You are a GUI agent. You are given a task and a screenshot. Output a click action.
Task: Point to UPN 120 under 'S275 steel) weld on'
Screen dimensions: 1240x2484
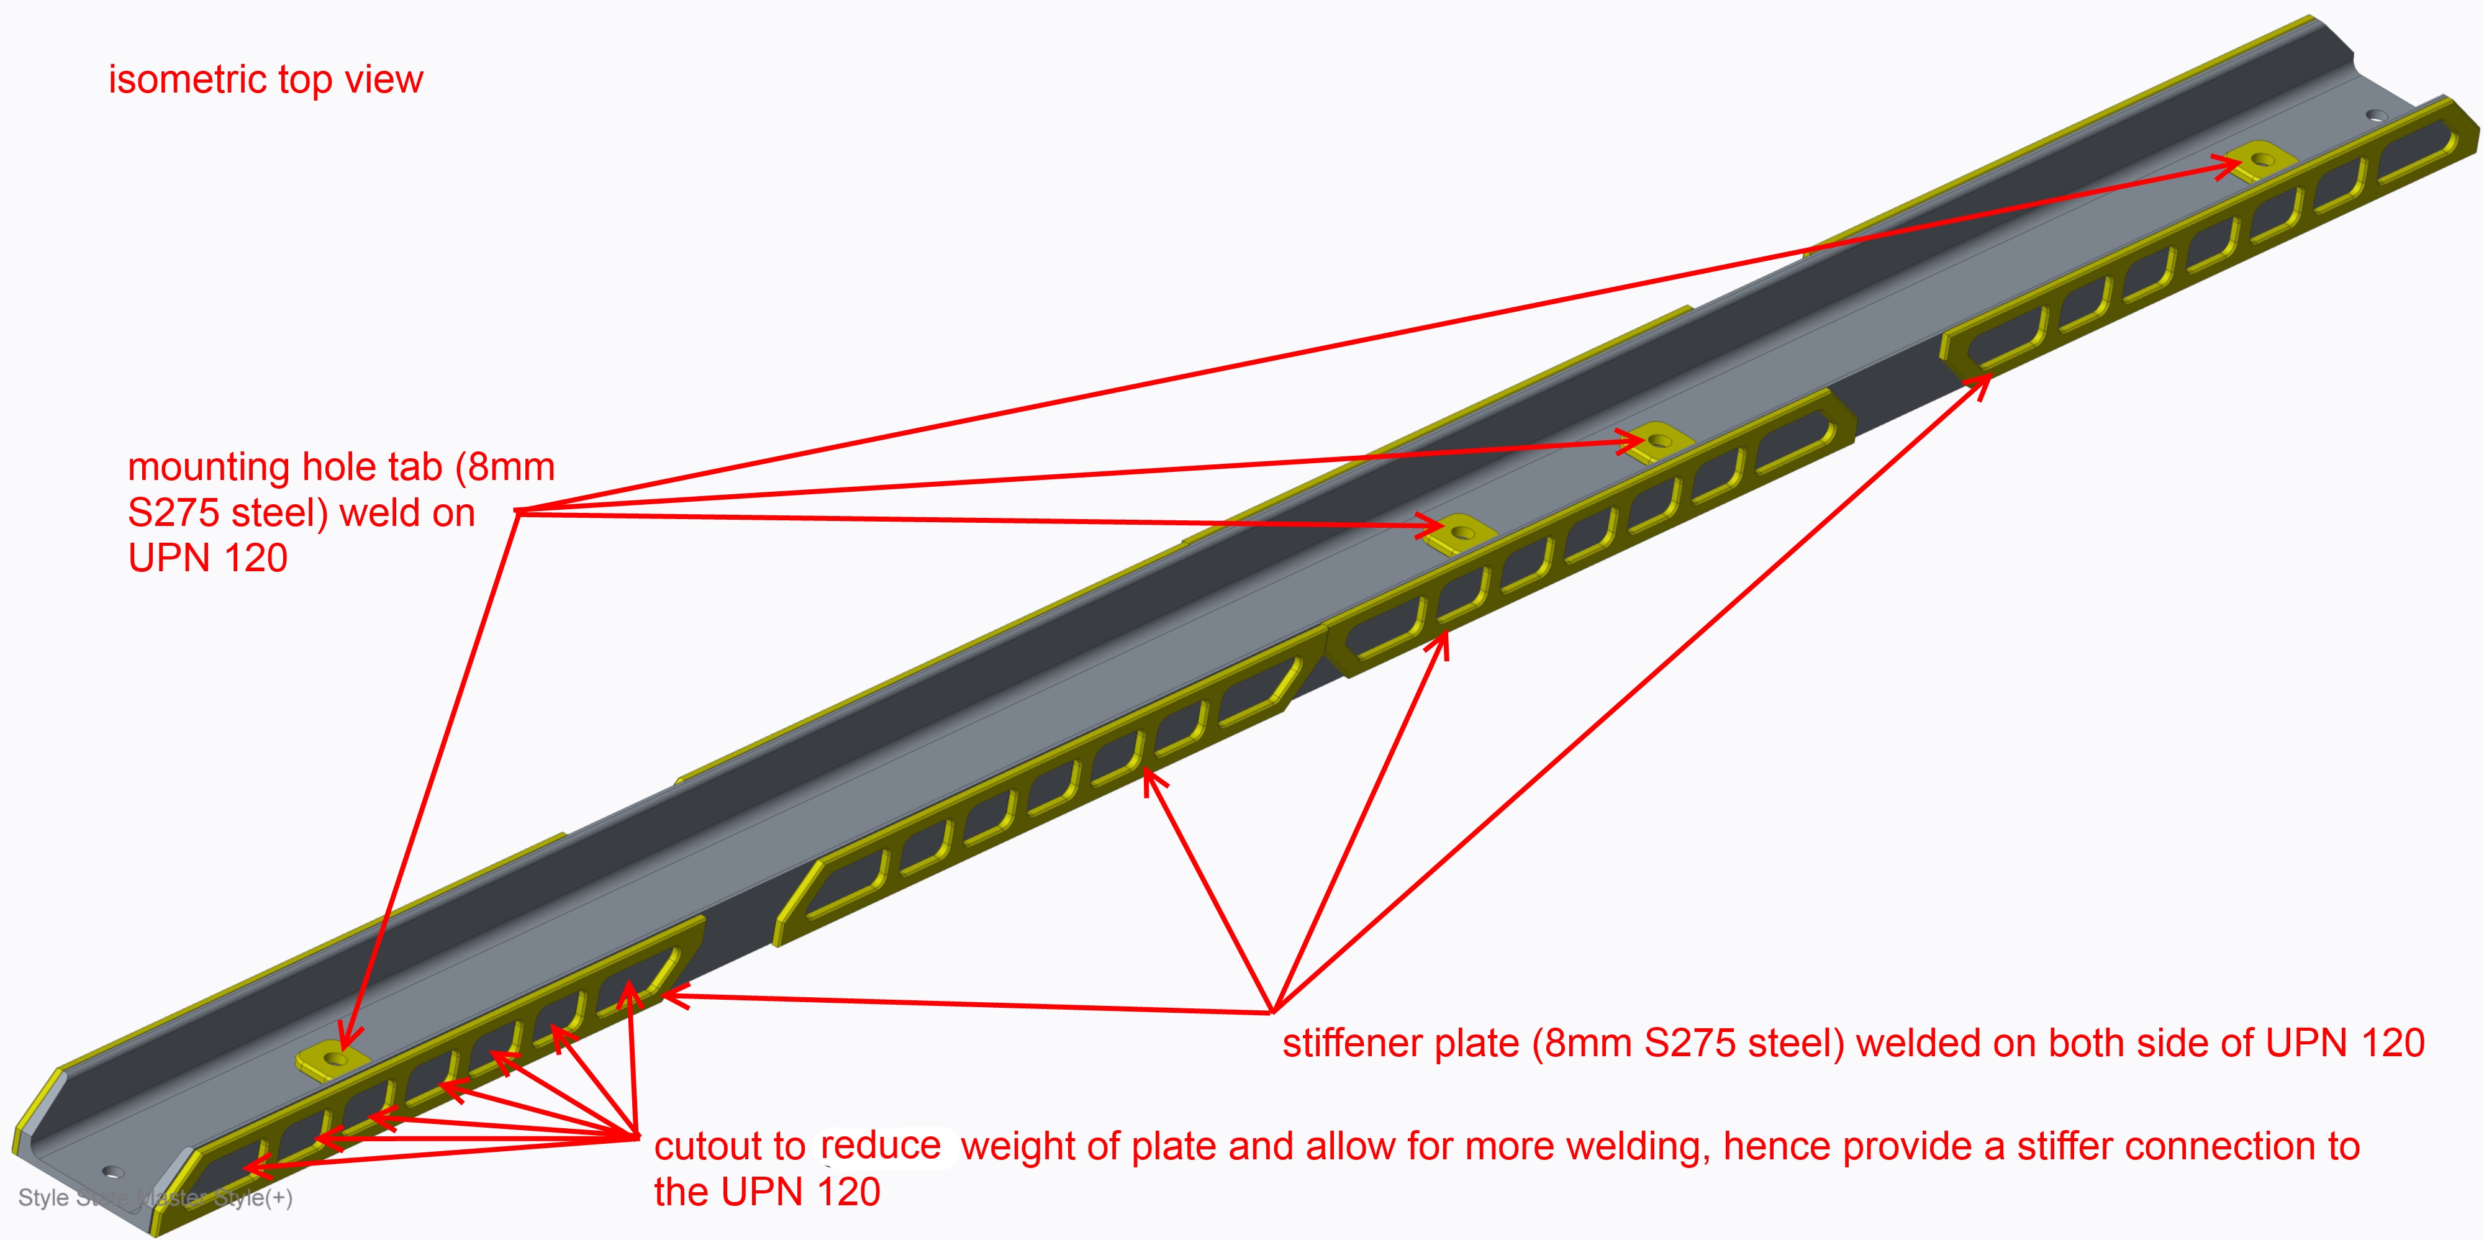pyautogui.click(x=207, y=558)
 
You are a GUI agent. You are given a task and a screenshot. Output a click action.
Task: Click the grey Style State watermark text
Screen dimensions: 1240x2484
pyautogui.click(x=154, y=1198)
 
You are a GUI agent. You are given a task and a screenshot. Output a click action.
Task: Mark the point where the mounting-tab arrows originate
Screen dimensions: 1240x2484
pyautogui.click(x=518, y=511)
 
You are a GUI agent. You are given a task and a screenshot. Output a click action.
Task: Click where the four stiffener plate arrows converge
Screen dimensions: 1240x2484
pyautogui.click(x=1273, y=1011)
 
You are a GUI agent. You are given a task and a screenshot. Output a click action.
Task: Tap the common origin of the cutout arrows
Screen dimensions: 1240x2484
pyautogui.click(x=637, y=1137)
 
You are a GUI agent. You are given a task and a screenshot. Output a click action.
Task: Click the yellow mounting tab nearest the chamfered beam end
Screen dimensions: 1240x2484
pyautogui.click(x=333, y=1059)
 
